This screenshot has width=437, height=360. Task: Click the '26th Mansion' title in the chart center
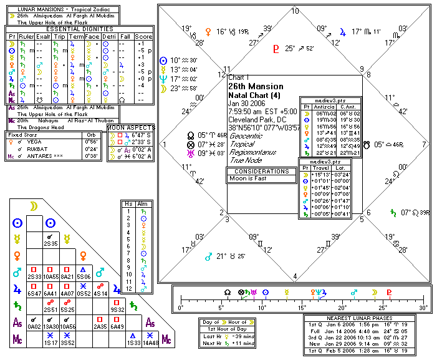pyautogui.click(x=256, y=86)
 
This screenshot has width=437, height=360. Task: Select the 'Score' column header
pyautogui.click(x=143, y=37)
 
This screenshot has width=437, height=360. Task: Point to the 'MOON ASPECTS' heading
pyautogui.click(x=130, y=128)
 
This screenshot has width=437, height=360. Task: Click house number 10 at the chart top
pyautogui.click(x=295, y=11)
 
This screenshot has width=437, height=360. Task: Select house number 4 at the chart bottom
pyautogui.click(x=295, y=276)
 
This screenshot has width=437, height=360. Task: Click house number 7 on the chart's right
pyautogui.click(x=425, y=144)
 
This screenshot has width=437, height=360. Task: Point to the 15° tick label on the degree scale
pyautogui.click(x=302, y=308)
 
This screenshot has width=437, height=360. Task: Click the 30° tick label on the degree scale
pyautogui.click(x=423, y=308)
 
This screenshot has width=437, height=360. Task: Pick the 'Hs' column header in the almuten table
pyautogui.click(x=128, y=203)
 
